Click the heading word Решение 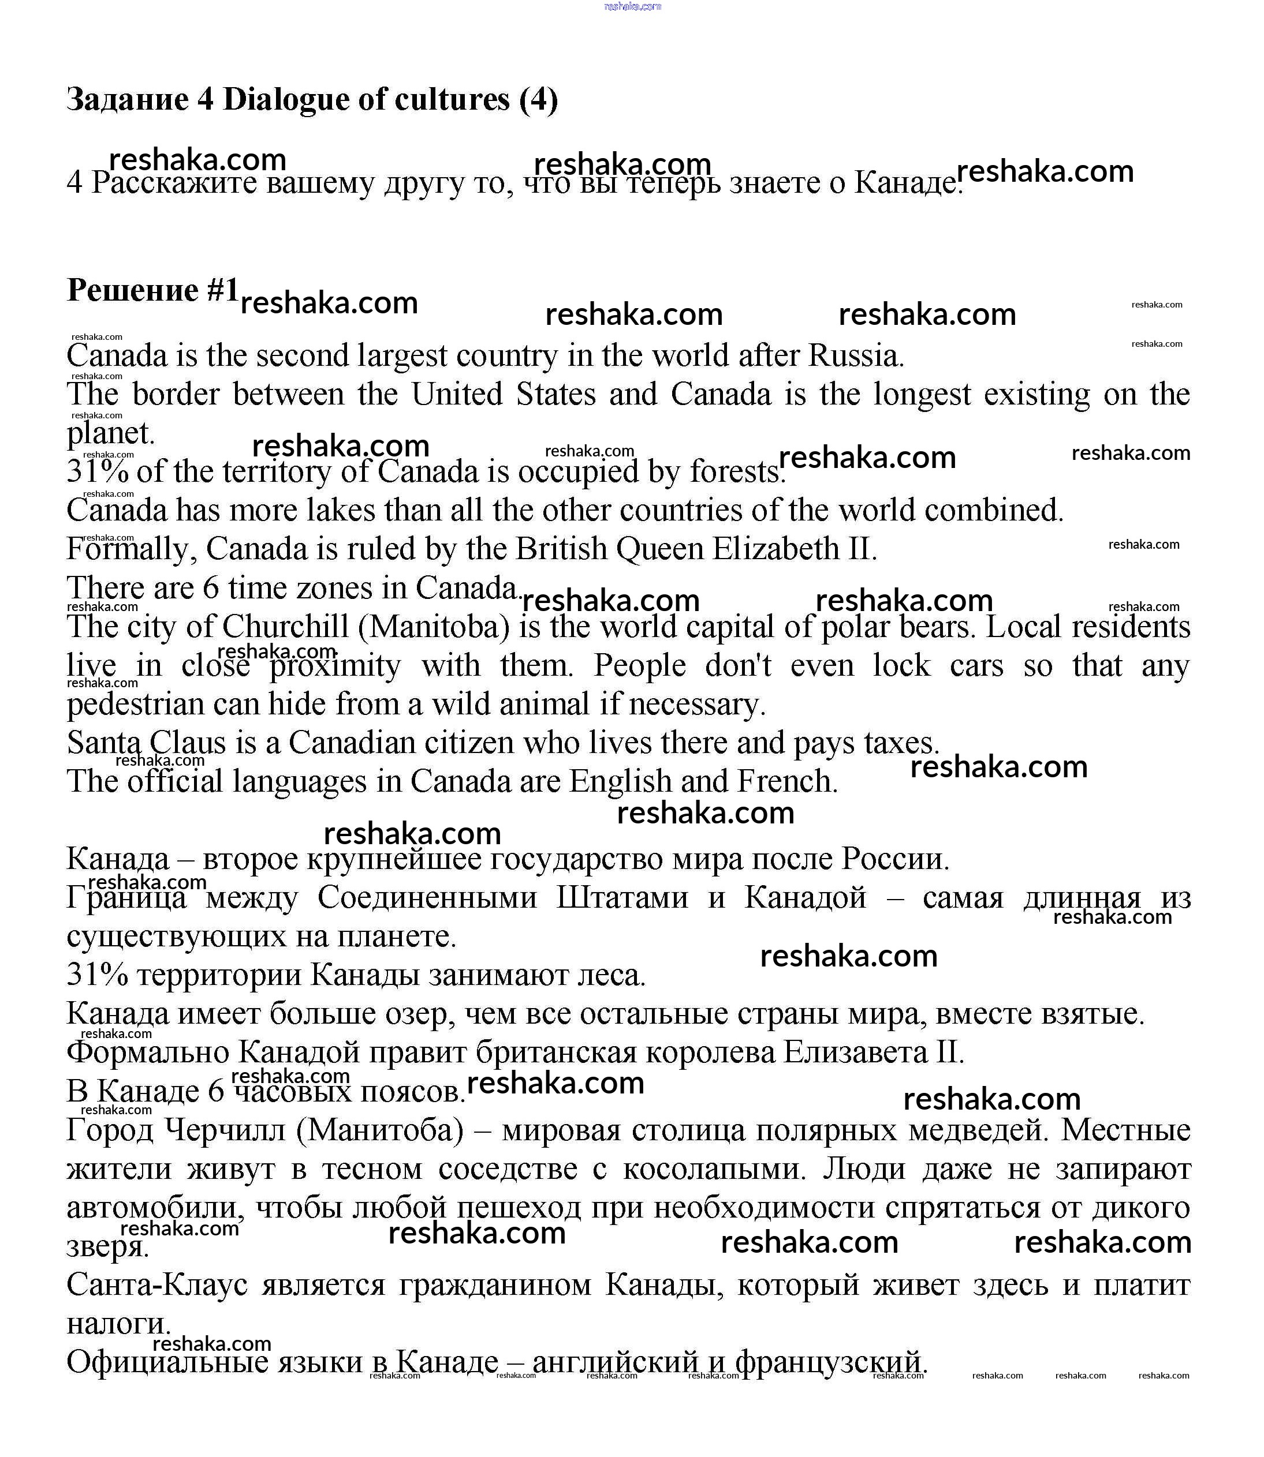click(133, 290)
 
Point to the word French click(786, 782)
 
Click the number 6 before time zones click(211, 588)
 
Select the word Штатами click(621, 898)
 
